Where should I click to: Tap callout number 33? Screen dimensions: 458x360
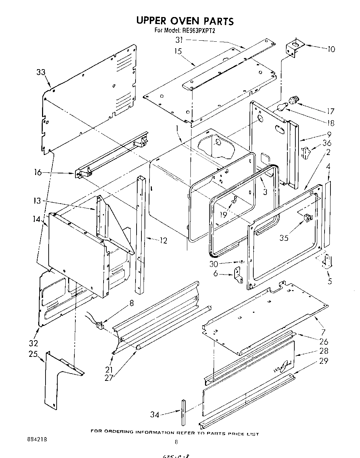(41, 72)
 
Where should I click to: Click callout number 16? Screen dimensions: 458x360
(38, 172)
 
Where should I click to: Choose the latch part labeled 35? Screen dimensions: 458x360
(308, 218)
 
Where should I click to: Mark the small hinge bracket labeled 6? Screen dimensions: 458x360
(239, 275)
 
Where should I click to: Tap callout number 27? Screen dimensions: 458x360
(109, 377)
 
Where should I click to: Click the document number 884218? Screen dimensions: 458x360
(36, 439)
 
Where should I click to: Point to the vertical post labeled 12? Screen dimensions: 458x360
(141, 236)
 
